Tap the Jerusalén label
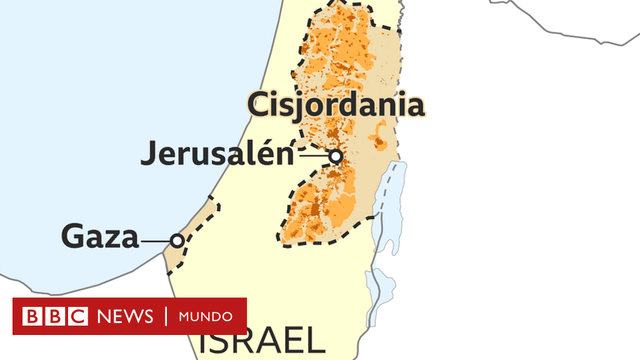[x=218, y=155]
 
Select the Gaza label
[x=100, y=238]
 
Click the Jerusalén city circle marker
[x=336, y=156]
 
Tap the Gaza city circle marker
[x=177, y=240]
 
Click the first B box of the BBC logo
[x=28, y=317]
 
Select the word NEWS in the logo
[x=120, y=317]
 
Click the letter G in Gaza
[x=73, y=238]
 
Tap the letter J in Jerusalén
[x=150, y=155]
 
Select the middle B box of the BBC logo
[x=51, y=317]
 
